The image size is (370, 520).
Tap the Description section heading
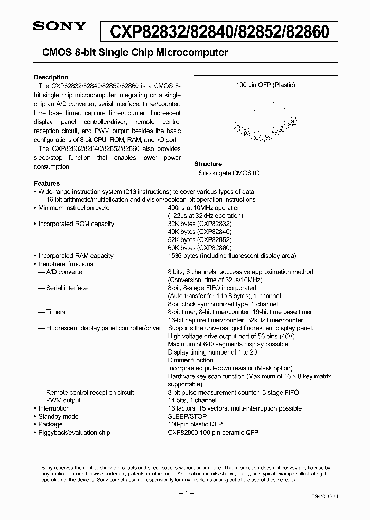pos(51,77)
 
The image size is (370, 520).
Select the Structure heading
pos(208,164)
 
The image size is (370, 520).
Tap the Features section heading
pos(47,183)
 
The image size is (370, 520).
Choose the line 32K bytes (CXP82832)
pos(200,224)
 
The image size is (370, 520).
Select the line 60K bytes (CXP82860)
pos(200,248)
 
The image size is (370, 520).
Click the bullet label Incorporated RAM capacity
pos(76,256)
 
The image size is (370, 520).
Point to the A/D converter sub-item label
pos(65,272)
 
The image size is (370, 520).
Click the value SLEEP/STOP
pos(187,416)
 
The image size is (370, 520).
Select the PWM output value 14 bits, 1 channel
pos(192,400)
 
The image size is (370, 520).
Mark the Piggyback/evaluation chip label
pos(74,433)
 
